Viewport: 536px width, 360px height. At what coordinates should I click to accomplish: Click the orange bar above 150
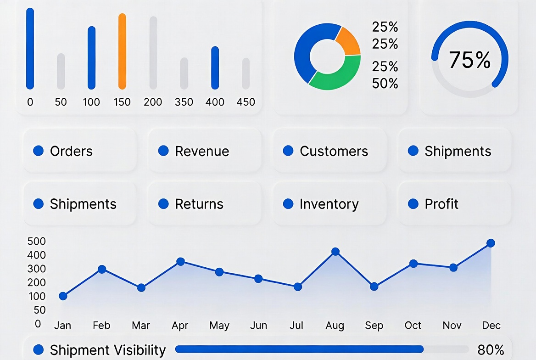[122, 51]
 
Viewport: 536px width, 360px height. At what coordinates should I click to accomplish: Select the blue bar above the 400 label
[215, 67]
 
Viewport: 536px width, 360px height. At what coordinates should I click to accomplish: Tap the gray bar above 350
[184, 73]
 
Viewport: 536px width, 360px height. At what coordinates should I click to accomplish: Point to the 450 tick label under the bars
[246, 102]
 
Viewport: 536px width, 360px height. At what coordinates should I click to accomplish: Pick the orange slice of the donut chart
[347, 41]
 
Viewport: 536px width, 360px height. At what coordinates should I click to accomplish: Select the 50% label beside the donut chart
[385, 84]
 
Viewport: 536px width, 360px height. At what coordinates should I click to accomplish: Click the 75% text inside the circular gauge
[469, 60]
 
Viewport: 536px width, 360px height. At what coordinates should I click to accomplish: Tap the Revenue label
[202, 151]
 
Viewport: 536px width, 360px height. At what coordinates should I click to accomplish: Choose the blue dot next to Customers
[288, 151]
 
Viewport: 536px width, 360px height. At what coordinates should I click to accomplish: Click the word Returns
[199, 204]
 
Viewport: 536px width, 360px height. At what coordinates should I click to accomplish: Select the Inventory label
[329, 204]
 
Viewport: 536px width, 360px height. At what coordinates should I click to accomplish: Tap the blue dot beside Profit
[413, 203]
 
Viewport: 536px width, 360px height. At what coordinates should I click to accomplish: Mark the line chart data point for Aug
[335, 252]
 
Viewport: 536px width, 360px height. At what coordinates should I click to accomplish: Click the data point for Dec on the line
[491, 243]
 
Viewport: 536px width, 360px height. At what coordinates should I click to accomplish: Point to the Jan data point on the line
[63, 296]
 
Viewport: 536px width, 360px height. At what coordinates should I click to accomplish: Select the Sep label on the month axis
[374, 326]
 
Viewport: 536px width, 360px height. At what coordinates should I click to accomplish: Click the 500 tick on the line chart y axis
[37, 241]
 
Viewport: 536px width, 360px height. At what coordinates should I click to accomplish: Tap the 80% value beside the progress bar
[491, 350]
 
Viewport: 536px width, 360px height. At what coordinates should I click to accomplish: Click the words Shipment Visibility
[108, 350]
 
